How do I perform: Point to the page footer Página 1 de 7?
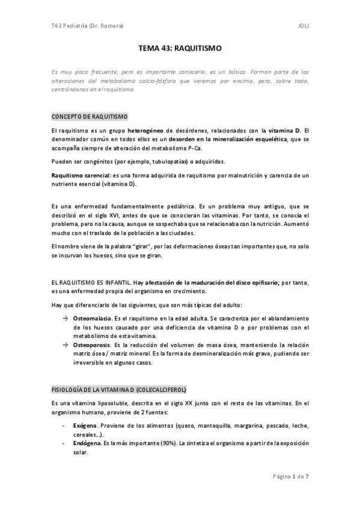[x=291, y=476]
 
